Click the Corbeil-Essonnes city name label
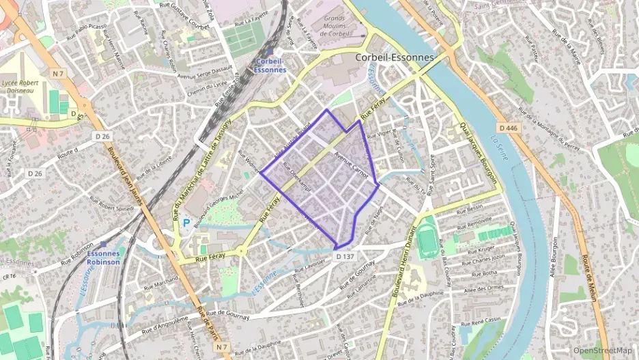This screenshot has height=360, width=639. point(395,57)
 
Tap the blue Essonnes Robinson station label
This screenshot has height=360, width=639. point(104,257)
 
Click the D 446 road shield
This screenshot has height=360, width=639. point(507,128)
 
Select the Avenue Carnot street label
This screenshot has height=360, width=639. point(352,165)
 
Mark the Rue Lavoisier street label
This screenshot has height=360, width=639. point(309,266)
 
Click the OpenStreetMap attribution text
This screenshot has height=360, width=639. point(603,350)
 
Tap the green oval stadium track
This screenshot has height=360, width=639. point(428,240)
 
